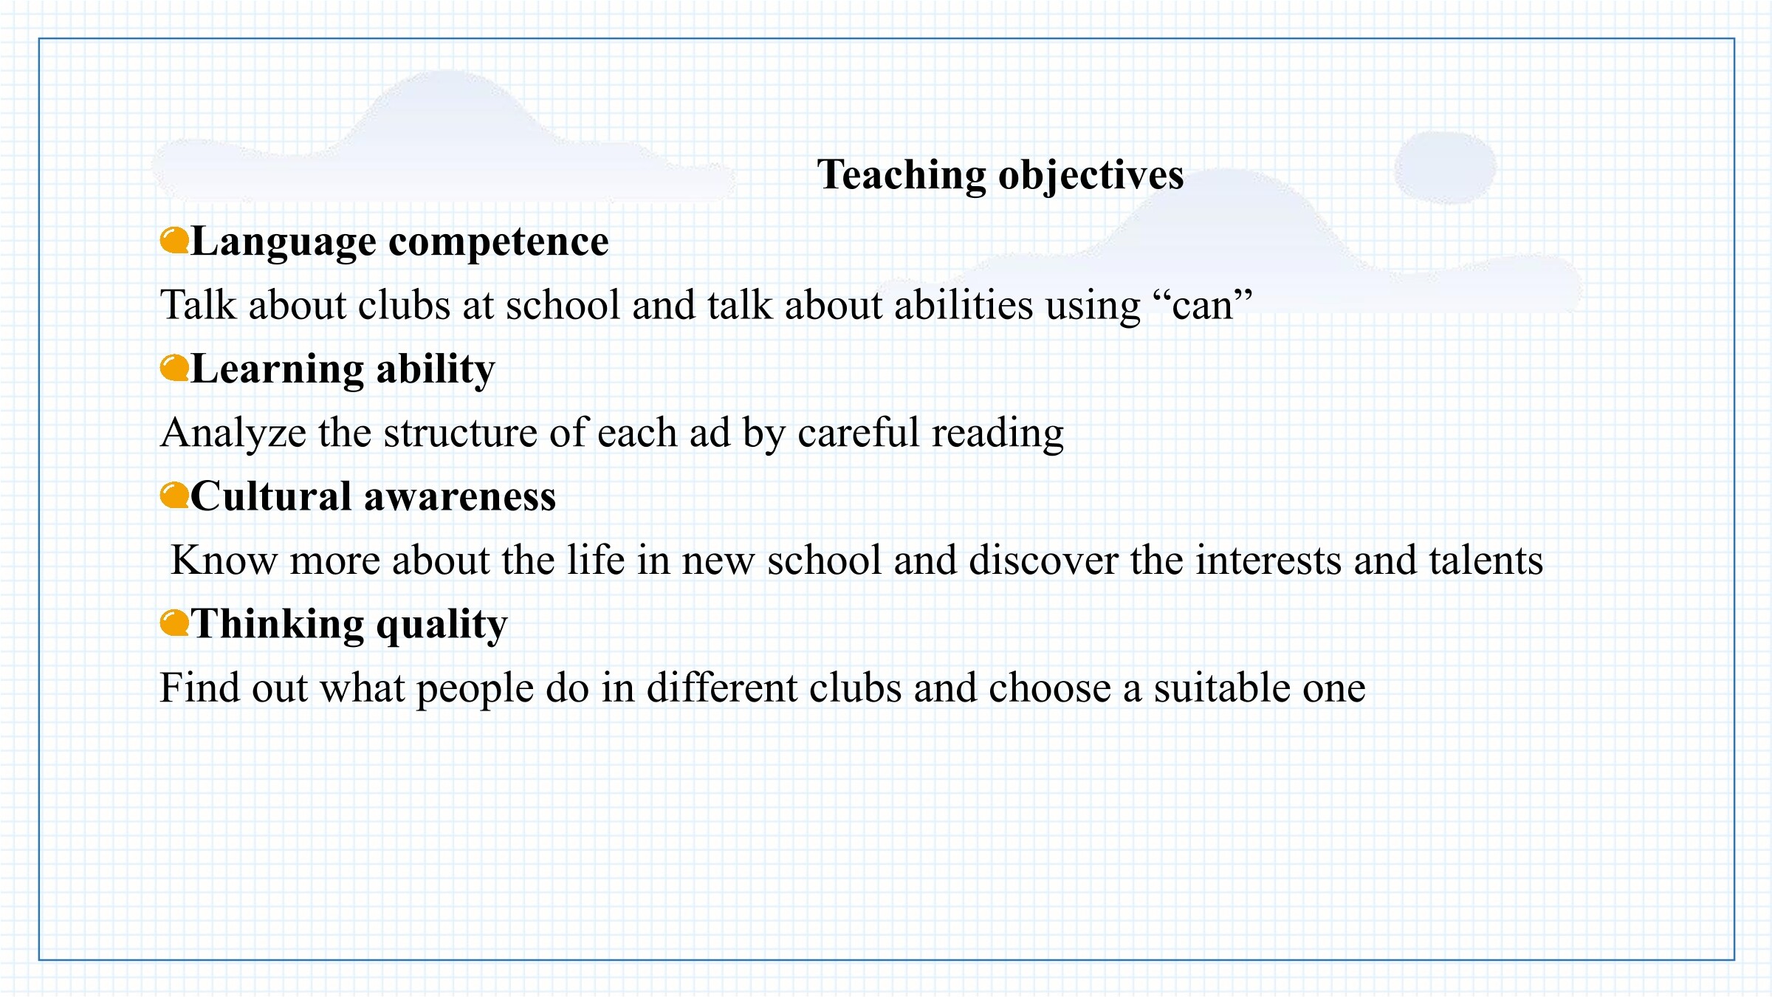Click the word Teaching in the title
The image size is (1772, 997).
(901, 176)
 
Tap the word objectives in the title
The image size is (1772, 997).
(1091, 176)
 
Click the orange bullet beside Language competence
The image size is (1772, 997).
(174, 241)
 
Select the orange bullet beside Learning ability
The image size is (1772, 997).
(174, 368)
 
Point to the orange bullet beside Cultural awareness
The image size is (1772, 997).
(174, 496)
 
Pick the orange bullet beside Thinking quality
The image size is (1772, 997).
(174, 623)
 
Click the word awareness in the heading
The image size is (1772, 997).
(460, 497)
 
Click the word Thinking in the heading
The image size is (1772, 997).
(278, 625)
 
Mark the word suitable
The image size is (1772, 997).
(1222, 688)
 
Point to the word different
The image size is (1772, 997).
(722, 688)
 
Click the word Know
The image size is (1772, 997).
(224, 560)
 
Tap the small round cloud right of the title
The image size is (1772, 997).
(1445, 168)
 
